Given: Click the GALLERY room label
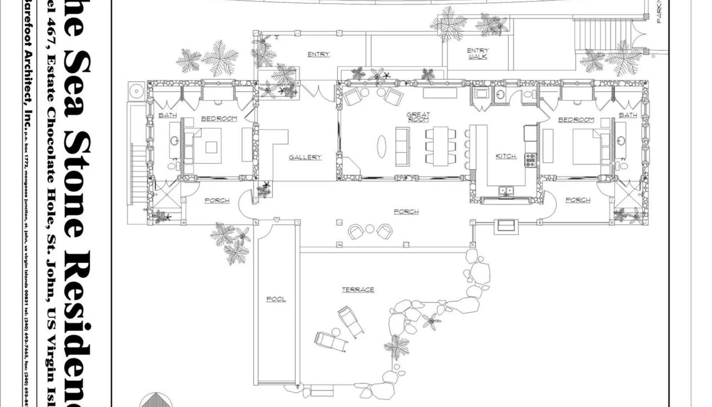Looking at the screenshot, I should (305, 157).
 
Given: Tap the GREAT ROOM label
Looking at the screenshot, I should (418, 117).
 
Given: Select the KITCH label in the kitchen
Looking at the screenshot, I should (506, 156).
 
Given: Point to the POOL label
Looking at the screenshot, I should (276, 299).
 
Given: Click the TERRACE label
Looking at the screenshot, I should (358, 289).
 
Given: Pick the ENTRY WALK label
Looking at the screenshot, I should (477, 53).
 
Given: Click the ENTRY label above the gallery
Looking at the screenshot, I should (319, 54).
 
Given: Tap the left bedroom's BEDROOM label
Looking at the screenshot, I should (219, 118).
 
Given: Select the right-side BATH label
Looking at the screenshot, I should (628, 115).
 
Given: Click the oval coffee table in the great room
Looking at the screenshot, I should (382, 147).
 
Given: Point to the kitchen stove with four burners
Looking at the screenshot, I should (530, 160).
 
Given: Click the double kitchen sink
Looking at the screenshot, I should (506, 191).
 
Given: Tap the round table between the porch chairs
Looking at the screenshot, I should (370, 229).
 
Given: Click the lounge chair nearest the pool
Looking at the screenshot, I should (331, 341).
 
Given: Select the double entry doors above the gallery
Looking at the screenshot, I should (318, 92).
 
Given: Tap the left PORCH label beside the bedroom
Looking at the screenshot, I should (217, 200).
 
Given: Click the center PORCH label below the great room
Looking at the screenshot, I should (406, 212).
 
